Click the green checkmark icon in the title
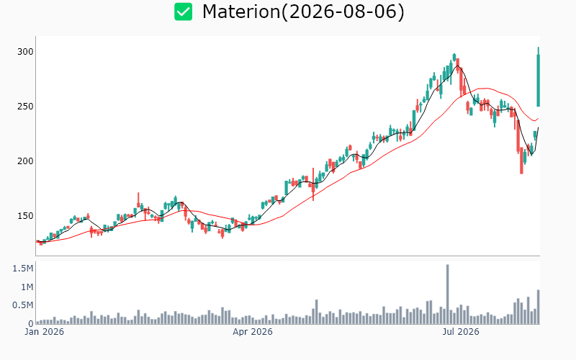[183, 12]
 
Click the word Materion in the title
[241, 12]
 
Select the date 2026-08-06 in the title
[343, 12]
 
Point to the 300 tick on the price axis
[25, 52]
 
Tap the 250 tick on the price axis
[25, 107]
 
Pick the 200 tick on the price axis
[25, 161]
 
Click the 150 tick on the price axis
[25, 216]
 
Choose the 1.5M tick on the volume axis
[23, 269]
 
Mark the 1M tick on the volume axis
[27, 287]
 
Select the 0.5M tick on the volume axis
[23, 305]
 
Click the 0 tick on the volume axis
[31, 323]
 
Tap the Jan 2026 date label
[45, 332]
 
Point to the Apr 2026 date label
[253, 332]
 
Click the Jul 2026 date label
[461, 332]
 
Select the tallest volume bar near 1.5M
[447, 294]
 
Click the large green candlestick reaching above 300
[538, 77]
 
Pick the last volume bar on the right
[538, 307]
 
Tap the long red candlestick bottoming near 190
[521, 161]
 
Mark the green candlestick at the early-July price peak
[454, 57]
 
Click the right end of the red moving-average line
[539, 118]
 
